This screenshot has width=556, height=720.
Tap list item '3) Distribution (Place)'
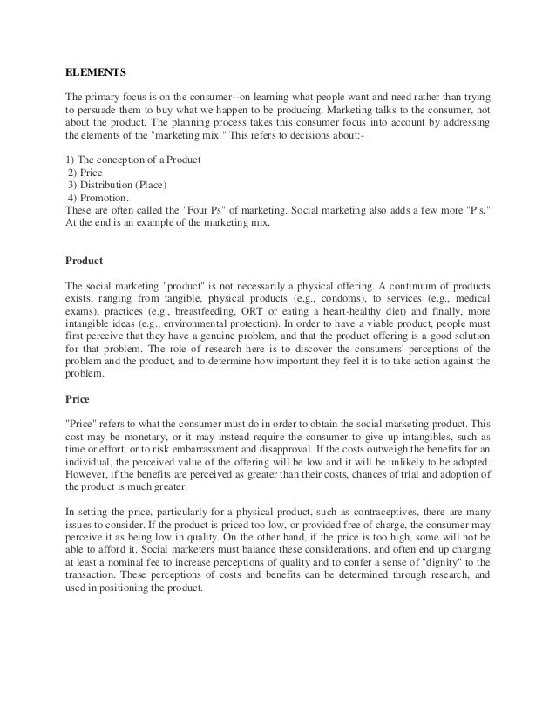pos(117,184)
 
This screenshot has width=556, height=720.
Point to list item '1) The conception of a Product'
pos(133,159)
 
